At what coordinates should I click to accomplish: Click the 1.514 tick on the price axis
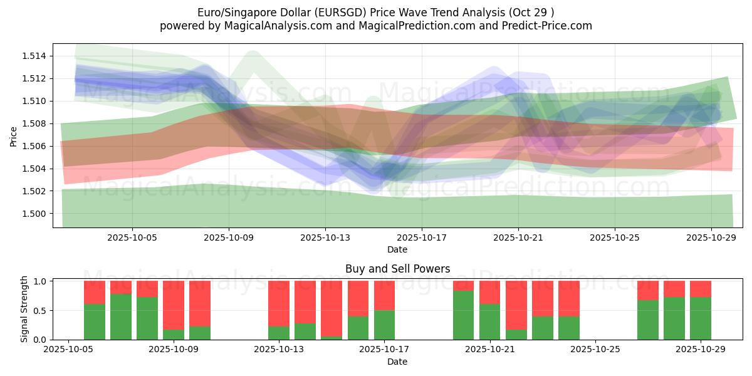36,56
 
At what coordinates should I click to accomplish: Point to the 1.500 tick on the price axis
36,214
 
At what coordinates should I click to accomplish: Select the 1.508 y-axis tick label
36,123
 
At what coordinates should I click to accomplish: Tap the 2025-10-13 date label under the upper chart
325,238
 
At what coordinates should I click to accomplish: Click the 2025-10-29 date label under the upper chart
711,238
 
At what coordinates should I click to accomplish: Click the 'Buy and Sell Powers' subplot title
397,269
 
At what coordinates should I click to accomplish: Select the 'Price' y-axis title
14,135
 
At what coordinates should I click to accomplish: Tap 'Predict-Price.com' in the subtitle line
542,26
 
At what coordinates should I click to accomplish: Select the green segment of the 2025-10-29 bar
701,318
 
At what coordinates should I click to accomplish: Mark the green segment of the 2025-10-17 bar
384,325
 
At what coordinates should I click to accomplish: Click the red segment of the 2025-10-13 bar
279,303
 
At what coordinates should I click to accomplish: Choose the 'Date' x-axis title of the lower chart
397,362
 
